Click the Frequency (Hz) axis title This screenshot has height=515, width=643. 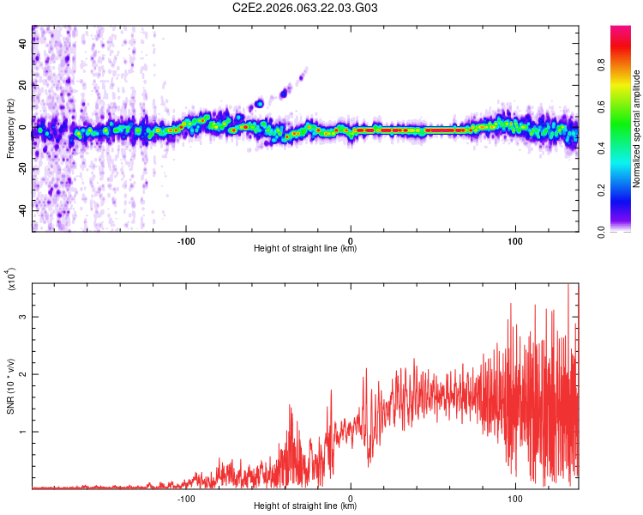click(10, 129)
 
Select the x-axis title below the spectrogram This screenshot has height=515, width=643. click(306, 249)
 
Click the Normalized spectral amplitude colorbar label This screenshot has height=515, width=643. click(636, 129)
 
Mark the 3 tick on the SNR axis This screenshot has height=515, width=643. click(24, 317)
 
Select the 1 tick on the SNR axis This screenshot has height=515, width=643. click(24, 432)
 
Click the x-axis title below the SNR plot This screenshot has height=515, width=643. click(306, 507)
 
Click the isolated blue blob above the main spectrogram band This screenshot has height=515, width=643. click(259, 104)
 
